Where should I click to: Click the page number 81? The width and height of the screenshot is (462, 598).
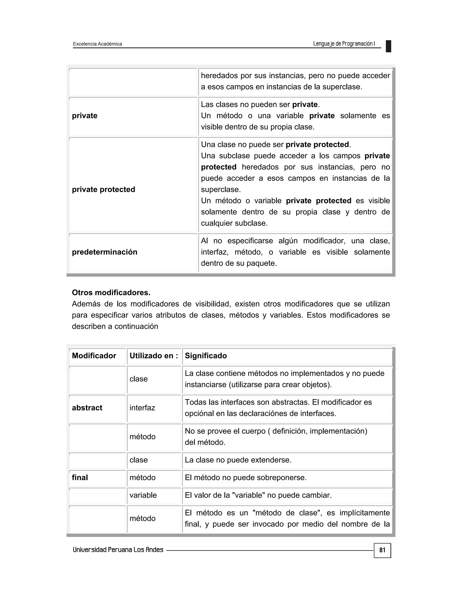(x=382, y=550)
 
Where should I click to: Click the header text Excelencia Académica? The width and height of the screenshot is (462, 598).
(x=97, y=44)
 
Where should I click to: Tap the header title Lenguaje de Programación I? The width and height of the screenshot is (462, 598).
(x=344, y=44)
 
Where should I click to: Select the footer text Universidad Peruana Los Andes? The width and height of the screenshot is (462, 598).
(x=118, y=550)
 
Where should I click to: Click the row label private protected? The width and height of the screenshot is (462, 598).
(x=104, y=190)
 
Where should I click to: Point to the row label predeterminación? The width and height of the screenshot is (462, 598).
(x=104, y=252)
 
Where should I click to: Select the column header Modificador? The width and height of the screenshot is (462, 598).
(x=94, y=356)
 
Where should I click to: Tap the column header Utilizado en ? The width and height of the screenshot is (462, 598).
(x=154, y=356)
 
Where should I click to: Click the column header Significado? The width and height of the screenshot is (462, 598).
(x=206, y=356)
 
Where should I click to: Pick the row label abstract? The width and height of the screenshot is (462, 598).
(x=87, y=408)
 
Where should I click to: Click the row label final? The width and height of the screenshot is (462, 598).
(x=80, y=477)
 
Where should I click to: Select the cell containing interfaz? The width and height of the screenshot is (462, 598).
(x=142, y=408)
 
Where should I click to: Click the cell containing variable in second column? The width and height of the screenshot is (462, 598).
(x=143, y=495)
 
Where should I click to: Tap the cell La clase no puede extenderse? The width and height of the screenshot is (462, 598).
(x=238, y=460)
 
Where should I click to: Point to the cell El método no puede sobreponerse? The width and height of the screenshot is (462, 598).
(x=245, y=477)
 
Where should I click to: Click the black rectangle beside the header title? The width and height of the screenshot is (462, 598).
(x=388, y=46)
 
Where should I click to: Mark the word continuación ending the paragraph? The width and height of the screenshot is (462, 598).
(x=136, y=326)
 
